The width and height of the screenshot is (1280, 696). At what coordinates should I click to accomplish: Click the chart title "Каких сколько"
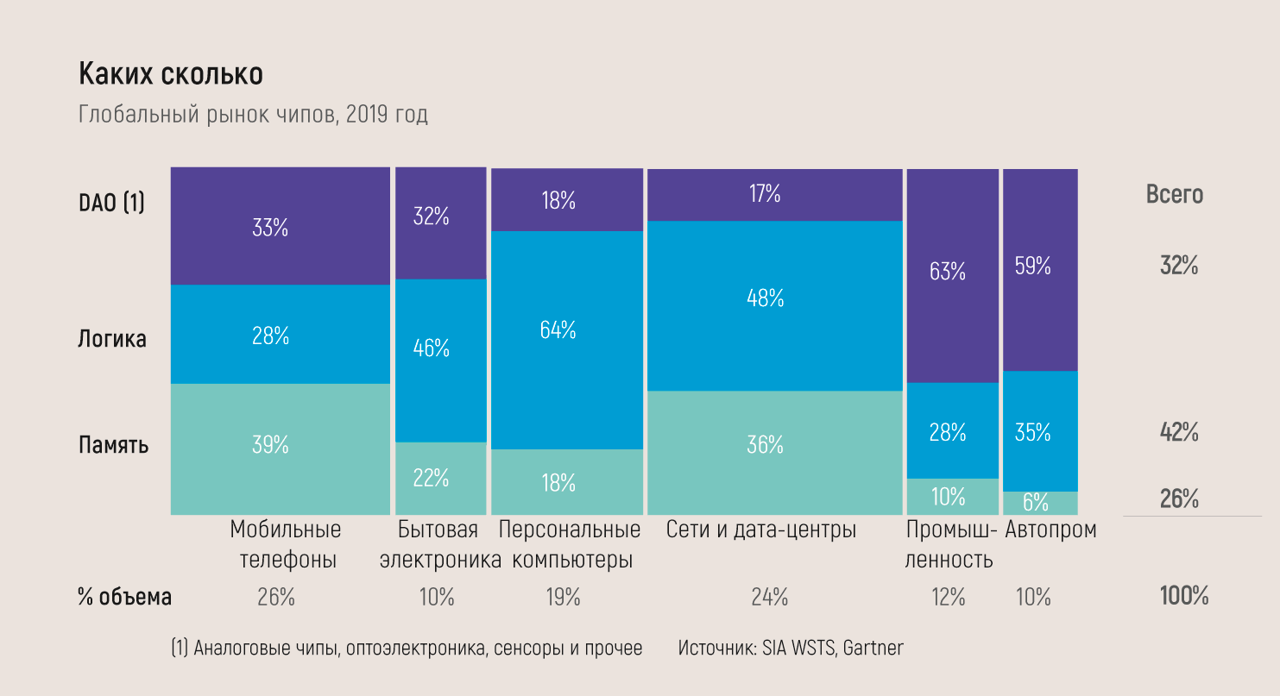pos(171,74)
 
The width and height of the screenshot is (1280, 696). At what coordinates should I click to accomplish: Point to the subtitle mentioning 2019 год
pos(253,115)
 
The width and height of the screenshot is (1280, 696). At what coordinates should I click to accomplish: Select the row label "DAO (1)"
pos(111,203)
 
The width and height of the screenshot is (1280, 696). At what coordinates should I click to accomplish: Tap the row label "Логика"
pos(112,339)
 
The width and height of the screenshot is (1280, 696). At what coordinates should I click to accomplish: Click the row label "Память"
pos(113,445)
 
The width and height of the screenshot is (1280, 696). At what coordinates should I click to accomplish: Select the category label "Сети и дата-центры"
pos(760,530)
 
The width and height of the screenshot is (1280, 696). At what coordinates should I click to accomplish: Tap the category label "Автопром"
pos(1050,530)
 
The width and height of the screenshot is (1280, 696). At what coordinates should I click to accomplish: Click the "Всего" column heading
pos(1174,195)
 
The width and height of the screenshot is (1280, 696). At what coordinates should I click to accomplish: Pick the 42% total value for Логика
pos(1178,432)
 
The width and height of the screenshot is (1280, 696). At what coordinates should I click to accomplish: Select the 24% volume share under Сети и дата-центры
pos(769,597)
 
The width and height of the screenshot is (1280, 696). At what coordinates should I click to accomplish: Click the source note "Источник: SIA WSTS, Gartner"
pos(791,648)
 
